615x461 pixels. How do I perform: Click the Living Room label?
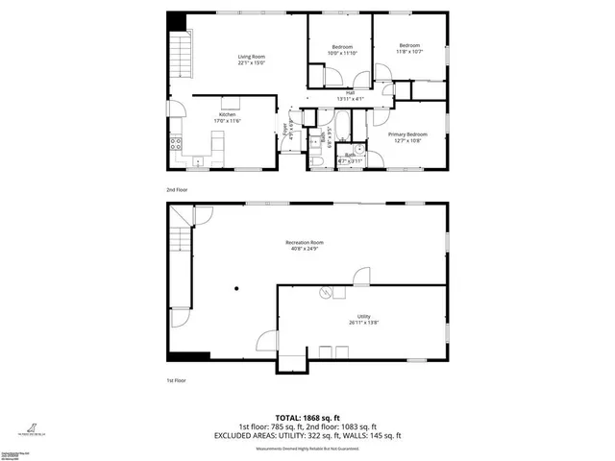252,57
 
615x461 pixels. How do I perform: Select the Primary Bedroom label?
407,134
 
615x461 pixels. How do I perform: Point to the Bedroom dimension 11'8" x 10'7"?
410,52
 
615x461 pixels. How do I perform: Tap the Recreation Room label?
305,242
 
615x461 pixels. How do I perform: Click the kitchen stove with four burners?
176,146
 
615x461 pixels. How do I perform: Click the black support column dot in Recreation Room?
235,287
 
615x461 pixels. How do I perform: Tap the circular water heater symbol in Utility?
326,291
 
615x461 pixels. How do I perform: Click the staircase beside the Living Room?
178,58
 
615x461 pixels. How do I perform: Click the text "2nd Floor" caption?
176,190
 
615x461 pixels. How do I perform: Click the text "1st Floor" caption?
175,381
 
